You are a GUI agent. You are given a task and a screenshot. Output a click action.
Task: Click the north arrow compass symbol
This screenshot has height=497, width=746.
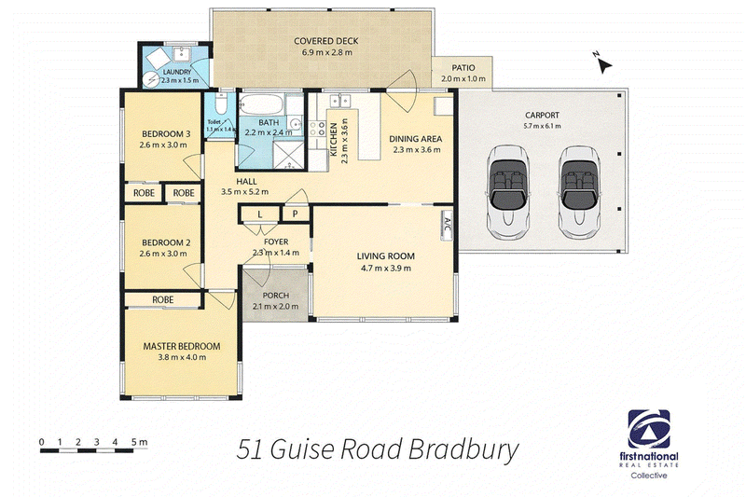[x=602, y=62]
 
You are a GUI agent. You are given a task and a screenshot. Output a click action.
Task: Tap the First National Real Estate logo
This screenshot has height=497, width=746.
[x=649, y=444]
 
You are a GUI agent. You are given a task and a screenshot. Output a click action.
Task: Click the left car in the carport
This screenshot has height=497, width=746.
[x=508, y=192]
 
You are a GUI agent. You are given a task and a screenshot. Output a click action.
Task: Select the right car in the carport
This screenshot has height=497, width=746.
[x=579, y=192]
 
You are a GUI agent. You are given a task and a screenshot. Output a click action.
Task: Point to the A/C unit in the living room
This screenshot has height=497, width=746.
[x=447, y=225]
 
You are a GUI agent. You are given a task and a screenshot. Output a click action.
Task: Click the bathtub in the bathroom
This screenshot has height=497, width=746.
[x=261, y=104]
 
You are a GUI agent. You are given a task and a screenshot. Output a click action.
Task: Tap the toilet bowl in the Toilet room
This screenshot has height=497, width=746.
[x=221, y=103]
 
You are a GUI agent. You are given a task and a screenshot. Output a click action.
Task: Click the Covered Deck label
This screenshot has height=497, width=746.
[x=325, y=41]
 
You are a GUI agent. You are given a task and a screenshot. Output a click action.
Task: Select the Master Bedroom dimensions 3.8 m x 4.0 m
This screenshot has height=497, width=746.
[x=182, y=357]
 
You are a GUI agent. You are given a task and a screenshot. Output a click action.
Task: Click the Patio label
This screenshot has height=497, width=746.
[x=463, y=67]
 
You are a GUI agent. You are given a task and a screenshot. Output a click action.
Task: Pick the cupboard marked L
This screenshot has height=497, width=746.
[x=259, y=214]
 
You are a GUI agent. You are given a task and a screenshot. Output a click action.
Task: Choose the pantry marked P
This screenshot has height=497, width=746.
[x=295, y=214]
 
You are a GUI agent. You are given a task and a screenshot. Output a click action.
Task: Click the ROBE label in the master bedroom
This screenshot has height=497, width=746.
[x=162, y=299]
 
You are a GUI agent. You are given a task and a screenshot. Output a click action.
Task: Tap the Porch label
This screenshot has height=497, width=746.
[x=275, y=296]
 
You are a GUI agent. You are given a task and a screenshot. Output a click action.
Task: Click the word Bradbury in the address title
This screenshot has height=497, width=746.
[x=463, y=450]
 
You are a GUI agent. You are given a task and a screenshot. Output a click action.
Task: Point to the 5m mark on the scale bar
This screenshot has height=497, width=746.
[x=140, y=442]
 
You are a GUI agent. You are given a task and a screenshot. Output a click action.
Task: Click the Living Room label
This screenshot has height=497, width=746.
[x=385, y=255]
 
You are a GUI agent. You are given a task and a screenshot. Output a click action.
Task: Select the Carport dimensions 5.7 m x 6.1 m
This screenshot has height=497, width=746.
[x=542, y=126]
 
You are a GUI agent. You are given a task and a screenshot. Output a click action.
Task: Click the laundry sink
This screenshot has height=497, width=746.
[x=182, y=54]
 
